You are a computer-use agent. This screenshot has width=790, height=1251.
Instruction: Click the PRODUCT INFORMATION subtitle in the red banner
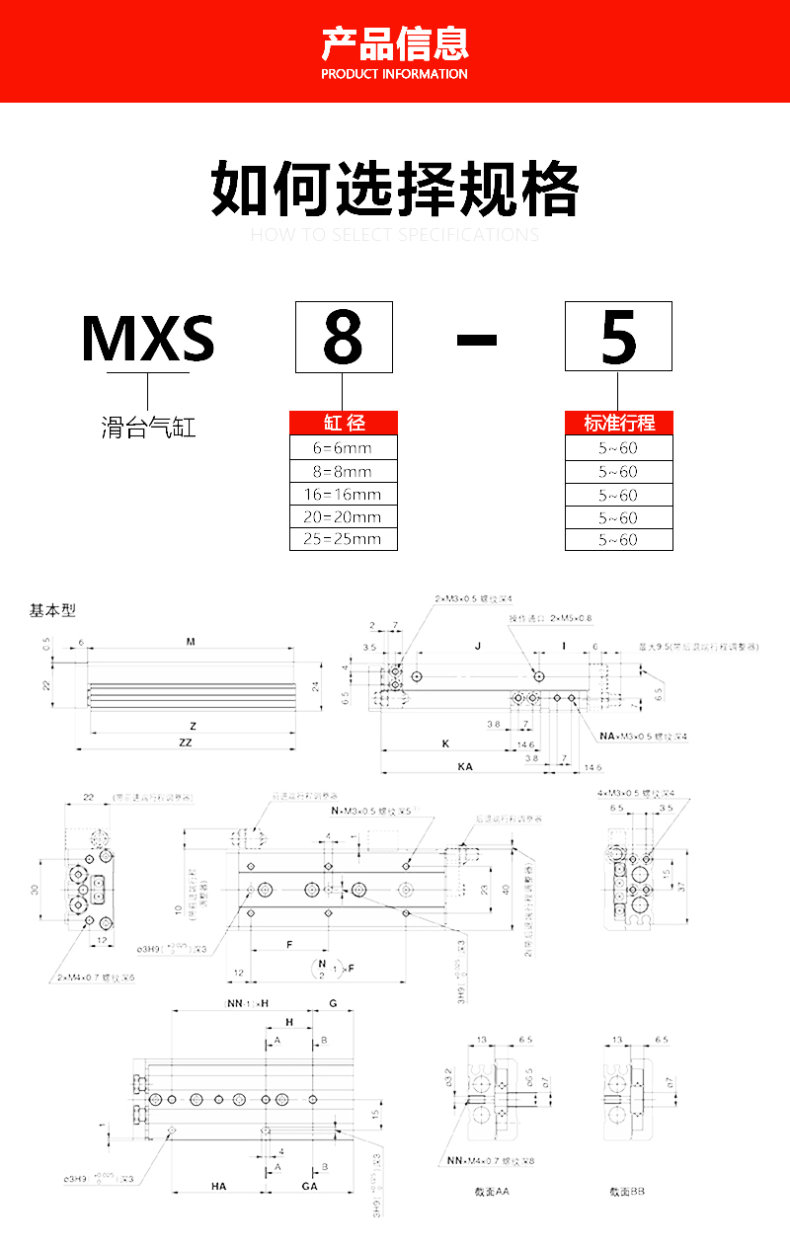pyautogui.click(x=395, y=74)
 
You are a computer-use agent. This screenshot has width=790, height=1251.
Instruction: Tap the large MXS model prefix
pyautogui.click(x=148, y=338)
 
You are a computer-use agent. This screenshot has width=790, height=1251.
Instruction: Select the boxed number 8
pyautogui.click(x=344, y=337)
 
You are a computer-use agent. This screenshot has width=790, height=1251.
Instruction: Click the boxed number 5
pyautogui.click(x=618, y=337)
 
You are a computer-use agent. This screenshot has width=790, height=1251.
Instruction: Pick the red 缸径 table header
pyautogui.click(x=344, y=423)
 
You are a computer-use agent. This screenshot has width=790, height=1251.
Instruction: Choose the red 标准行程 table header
pyautogui.click(x=619, y=423)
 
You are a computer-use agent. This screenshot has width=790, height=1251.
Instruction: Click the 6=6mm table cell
pyautogui.click(x=344, y=448)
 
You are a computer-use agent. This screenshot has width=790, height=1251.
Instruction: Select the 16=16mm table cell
pyautogui.click(x=344, y=494)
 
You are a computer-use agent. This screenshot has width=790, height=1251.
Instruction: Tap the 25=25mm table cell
pyautogui.click(x=344, y=539)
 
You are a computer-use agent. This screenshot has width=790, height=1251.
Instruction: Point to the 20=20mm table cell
pyautogui.click(x=344, y=516)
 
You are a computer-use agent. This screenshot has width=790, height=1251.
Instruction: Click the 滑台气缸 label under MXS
pyautogui.click(x=148, y=429)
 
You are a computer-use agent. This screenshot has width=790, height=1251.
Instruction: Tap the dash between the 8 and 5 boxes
pyautogui.click(x=477, y=339)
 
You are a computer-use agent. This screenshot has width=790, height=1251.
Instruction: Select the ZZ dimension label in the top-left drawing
pyautogui.click(x=185, y=743)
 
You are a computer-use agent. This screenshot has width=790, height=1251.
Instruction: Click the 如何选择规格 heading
pyautogui.click(x=395, y=190)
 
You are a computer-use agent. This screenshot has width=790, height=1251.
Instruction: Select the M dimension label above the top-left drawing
pyautogui.click(x=191, y=642)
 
